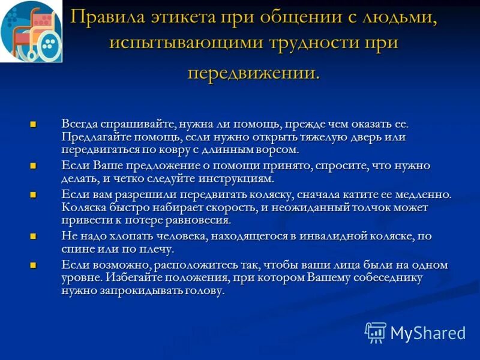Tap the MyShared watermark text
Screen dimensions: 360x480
[428, 333]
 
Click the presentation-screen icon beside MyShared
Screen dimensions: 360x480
[376, 332]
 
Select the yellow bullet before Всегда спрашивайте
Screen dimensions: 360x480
[34, 124]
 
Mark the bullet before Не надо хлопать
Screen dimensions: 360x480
[34, 237]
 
